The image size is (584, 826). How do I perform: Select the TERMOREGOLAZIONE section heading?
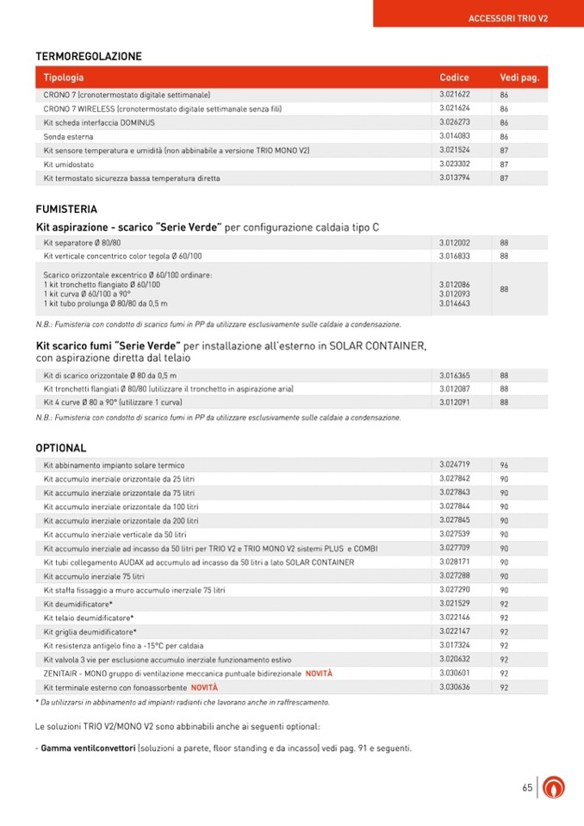coord(89,57)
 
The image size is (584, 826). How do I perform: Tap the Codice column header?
coord(454,78)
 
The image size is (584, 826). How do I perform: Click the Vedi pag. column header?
coord(519,78)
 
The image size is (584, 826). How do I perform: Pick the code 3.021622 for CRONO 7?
coord(454,94)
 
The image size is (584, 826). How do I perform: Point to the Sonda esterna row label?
coord(69,137)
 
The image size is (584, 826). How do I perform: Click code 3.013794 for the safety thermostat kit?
coord(454,178)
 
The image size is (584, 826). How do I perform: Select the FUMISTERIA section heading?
coord(66,209)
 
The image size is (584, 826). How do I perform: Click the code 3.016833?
coord(454,256)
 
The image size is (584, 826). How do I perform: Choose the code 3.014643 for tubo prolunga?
coord(454,303)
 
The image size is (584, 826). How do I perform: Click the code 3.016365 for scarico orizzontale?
coord(454,376)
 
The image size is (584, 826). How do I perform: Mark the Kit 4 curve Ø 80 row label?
coord(113,402)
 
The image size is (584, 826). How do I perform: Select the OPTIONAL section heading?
coord(61,448)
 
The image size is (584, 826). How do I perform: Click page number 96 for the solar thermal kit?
coord(505,466)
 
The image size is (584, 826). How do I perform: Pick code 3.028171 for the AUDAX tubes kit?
coord(454,562)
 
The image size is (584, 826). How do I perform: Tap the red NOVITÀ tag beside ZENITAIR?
coord(319,674)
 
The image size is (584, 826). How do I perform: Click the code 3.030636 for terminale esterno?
coord(454,687)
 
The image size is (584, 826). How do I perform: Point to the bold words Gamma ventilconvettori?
coord(89,748)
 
